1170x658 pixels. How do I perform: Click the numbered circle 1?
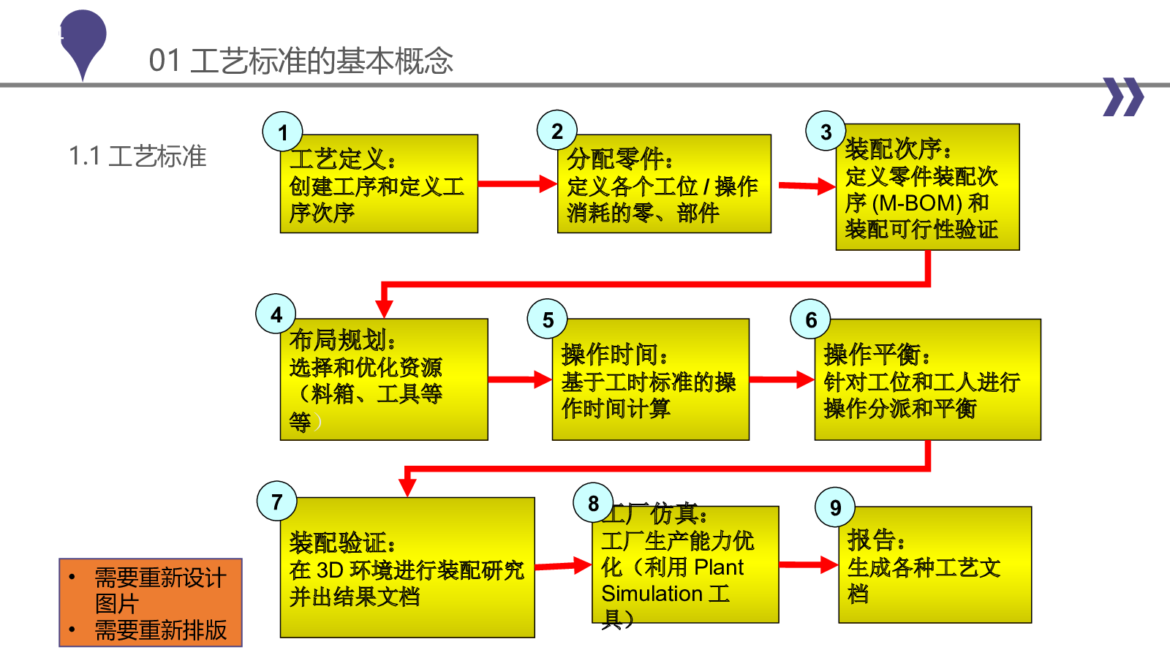[x=282, y=132]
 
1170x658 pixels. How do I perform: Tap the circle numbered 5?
[x=548, y=319]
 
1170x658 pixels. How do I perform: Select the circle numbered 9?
[x=835, y=507]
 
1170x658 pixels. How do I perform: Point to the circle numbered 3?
[x=826, y=131]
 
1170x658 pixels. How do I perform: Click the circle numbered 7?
[x=277, y=501]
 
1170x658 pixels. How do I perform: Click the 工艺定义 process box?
[x=379, y=184]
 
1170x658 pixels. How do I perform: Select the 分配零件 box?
[x=664, y=184]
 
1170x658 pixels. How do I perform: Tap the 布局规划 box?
[x=384, y=379]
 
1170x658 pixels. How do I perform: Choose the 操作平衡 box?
[x=928, y=379]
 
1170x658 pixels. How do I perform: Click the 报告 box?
[x=935, y=564]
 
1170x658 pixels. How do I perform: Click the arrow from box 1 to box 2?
[x=517, y=184]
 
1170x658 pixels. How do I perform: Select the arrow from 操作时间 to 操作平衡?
[x=782, y=379]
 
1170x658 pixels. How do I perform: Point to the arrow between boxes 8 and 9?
[x=809, y=564]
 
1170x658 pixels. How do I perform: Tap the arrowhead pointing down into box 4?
[x=384, y=309]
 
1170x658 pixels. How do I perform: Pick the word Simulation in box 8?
[x=652, y=594]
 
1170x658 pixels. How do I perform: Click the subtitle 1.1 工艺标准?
[x=137, y=156]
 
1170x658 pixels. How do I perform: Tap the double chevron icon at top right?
[x=1123, y=97]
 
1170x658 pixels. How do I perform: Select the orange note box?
[x=151, y=602]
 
